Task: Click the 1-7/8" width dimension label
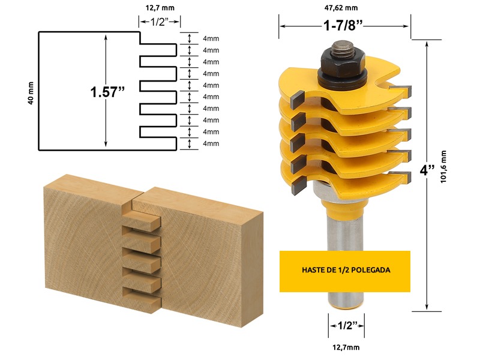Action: tap(343, 25)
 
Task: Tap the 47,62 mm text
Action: tap(341, 8)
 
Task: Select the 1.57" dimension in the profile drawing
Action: tap(107, 92)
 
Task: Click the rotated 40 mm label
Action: tap(31, 93)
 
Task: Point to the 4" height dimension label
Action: tap(427, 170)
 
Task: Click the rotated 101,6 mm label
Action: tap(443, 167)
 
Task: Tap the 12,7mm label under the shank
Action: tap(346, 347)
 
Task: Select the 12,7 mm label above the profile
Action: tap(160, 8)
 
